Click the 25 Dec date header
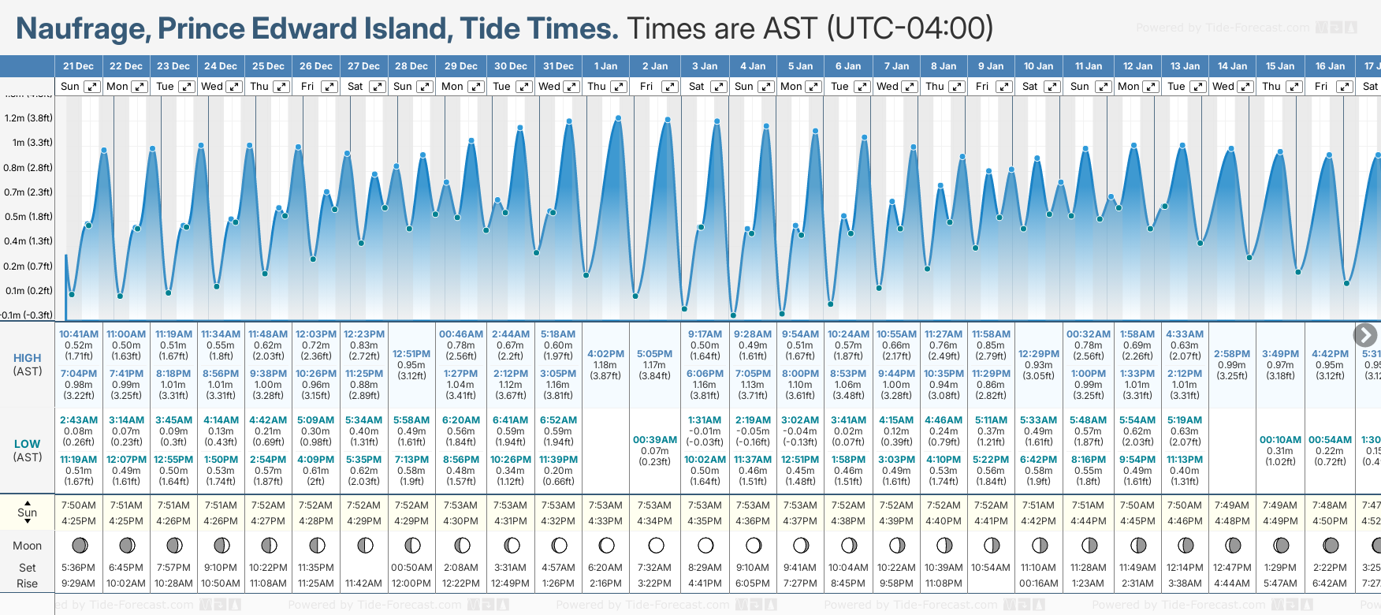(x=268, y=66)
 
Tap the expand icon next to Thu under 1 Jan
(x=619, y=87)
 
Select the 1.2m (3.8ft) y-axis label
(x=28, y=118)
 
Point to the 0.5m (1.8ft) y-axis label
(x=28, y=217)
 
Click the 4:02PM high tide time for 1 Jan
(x=605, y=354)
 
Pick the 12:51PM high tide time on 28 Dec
(x=411, y=354)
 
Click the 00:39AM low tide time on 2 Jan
(x=654, y=440)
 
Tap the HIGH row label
(x=28, y=358)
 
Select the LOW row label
(x=28, y=444)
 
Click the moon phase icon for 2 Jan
(x=656, y=546)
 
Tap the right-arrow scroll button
(x=1365, y=335)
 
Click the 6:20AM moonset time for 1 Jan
(x=605, y=568)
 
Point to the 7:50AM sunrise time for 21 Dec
(x=79, y=505)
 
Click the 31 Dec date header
(x=558, y=66)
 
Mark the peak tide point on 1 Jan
(x=619, y=118)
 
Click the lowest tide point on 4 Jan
(x=733, y=315)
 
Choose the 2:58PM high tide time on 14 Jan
(x=1231, y=354)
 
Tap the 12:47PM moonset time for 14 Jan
(x=1231, y=568)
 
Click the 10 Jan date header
(x=1038, y=66)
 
